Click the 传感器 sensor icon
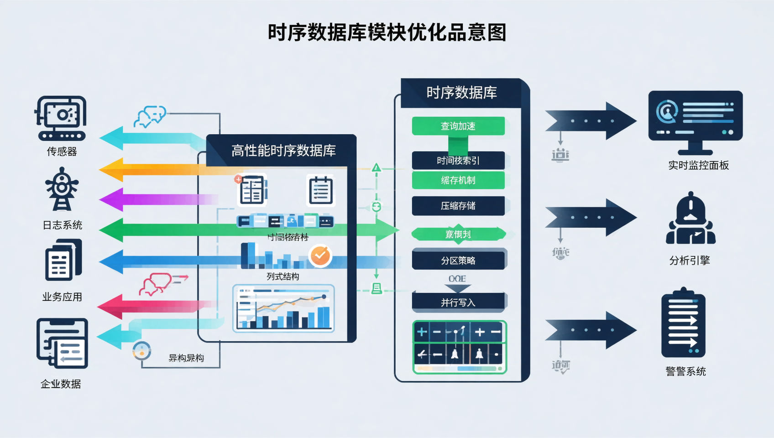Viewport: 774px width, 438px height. click(61, 118)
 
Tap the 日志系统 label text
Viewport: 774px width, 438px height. click(63, 225)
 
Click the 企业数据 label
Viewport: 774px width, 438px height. click(61, 384)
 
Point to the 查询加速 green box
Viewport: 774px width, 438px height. click(458, 126)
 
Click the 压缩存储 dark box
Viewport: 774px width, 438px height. click(458, 206)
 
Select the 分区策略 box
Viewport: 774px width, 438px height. click(458, 260)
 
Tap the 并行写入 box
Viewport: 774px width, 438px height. click(458, 302)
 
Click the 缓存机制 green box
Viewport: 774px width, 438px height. click(458, 180)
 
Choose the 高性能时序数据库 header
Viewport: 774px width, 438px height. click(283, 151)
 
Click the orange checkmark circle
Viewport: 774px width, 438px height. click(320, 255)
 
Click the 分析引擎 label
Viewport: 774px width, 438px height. click(689, 261)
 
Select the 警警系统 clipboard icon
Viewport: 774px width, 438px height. click(683, 324)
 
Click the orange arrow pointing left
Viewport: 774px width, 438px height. click(151, 169)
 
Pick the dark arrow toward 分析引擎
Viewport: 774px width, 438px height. click(591, 217)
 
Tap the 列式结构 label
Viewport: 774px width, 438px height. click(282, 276)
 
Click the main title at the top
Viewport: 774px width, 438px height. click(387, 32)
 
